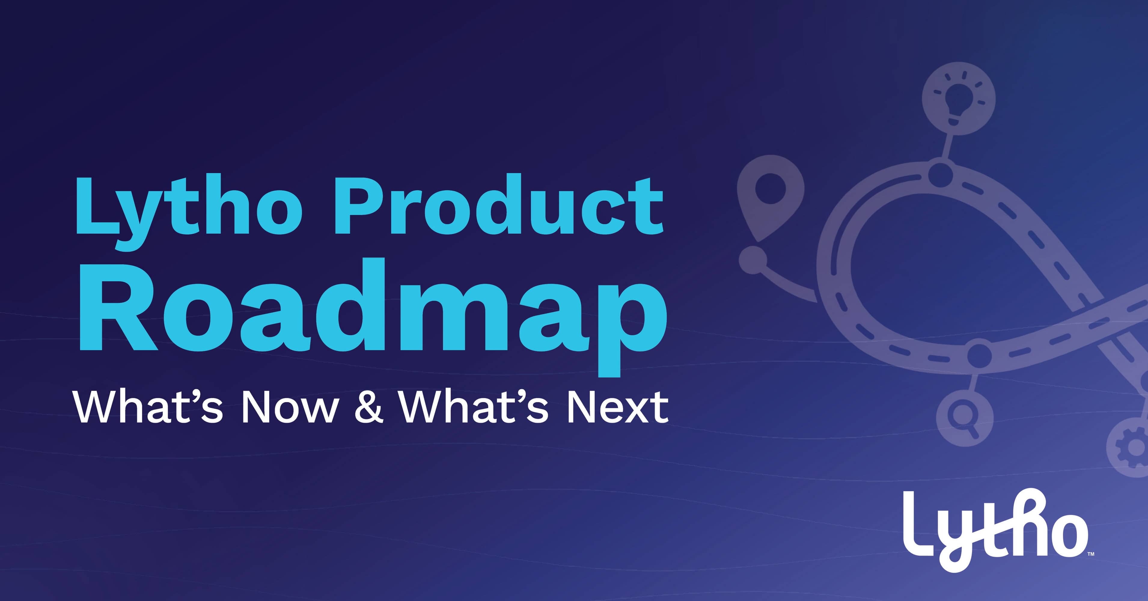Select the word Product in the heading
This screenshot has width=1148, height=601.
499,205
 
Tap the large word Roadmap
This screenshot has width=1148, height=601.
373,316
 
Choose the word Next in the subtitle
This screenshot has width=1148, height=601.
618,407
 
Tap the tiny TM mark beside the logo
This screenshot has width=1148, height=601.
1091,554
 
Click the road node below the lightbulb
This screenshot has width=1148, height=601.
940,175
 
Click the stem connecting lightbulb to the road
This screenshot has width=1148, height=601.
948,147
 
